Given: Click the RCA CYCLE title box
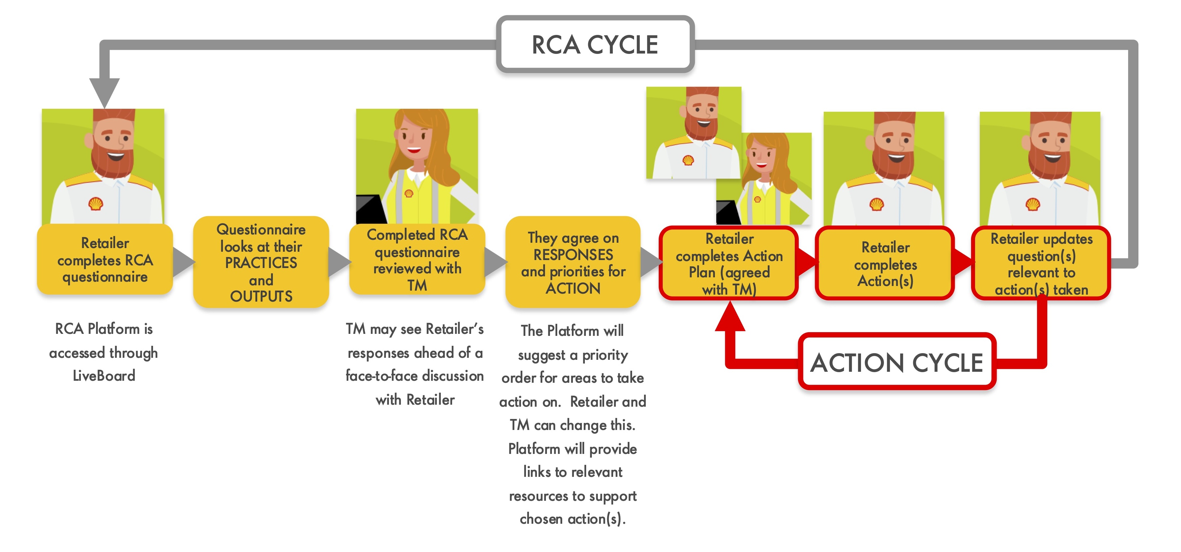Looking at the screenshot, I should (x=594, y=45).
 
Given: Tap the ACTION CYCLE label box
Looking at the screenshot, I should (x=896, y=362).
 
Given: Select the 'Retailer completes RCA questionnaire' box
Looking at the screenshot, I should (x=105, y=260).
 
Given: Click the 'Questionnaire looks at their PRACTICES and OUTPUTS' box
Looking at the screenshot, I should (x=261, y=262).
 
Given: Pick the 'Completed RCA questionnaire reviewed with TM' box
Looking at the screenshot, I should (x=417, y=260).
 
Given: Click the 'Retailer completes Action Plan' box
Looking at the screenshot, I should (x=729, y=263).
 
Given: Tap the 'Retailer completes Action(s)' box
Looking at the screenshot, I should (x=885, y=263).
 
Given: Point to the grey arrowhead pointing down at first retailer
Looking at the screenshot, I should (x=104, y=91).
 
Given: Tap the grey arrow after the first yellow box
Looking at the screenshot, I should (x=183, y=262).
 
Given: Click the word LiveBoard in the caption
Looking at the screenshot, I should (x=104, y=376).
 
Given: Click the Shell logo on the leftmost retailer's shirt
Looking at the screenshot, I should (x=95, y=204).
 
